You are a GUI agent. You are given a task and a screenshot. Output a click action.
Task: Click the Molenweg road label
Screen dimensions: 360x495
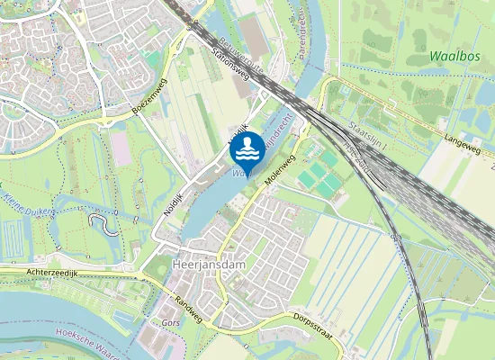click(281, 169)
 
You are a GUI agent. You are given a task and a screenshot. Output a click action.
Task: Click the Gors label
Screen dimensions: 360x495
click(171, 322)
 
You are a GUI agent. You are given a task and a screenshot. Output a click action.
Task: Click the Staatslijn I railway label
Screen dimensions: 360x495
click(365, 133)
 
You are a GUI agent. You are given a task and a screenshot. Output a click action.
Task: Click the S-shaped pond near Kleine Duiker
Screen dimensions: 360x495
click(105, 222)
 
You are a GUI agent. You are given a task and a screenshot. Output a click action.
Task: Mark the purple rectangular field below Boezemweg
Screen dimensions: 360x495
click(121, 150)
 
